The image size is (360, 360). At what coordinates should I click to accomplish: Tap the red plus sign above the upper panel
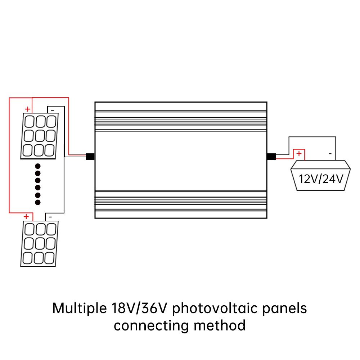27,109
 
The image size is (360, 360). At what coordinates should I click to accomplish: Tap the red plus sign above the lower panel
26,216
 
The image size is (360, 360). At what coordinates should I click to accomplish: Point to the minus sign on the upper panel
52,109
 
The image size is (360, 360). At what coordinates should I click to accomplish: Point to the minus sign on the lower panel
50,216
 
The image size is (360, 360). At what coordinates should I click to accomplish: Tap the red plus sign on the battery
299,154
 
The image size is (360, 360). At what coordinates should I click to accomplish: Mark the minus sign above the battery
330,154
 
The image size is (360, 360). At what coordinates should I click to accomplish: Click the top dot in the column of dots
38,166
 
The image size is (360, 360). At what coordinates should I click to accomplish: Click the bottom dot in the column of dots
38,203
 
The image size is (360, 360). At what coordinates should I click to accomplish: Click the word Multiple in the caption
78,309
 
